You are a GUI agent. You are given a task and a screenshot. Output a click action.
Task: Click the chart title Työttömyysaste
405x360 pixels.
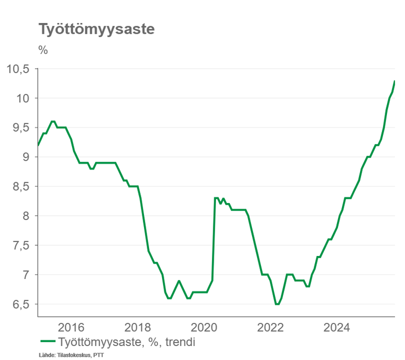96,30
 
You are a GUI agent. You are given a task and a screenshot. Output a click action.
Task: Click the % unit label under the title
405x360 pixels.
43,49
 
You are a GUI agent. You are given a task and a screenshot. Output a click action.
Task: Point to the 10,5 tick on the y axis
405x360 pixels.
18,69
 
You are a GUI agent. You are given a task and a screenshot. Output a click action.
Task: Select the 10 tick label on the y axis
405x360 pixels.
22,98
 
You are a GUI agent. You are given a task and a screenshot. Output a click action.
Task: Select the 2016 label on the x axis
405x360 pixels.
71,327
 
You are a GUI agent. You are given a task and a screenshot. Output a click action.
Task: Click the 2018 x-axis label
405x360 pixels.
138,327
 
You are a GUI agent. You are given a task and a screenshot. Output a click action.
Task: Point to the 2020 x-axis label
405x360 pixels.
204,327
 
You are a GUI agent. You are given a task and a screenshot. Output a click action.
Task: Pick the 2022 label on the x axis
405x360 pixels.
271,327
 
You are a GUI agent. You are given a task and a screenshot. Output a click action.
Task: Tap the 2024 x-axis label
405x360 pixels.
337,327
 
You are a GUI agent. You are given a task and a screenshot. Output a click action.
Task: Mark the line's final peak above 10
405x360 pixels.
394,82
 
